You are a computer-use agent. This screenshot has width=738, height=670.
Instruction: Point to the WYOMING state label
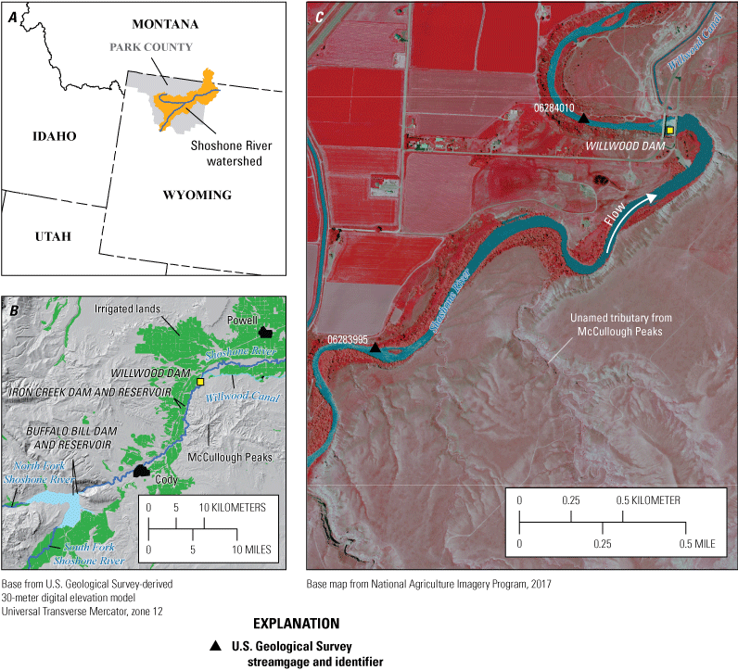coord(197,196)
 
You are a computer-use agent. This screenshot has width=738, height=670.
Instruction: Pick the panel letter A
coord(12,13)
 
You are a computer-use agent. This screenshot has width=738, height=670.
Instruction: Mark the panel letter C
coord(319,16)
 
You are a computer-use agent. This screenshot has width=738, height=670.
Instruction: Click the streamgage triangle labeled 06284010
coord(583,120)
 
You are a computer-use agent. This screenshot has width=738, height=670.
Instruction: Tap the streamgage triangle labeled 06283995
coord(375,348)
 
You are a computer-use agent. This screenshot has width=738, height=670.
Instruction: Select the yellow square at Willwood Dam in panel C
coord(669,131)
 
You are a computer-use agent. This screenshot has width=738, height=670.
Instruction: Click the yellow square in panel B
coord(200,382)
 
